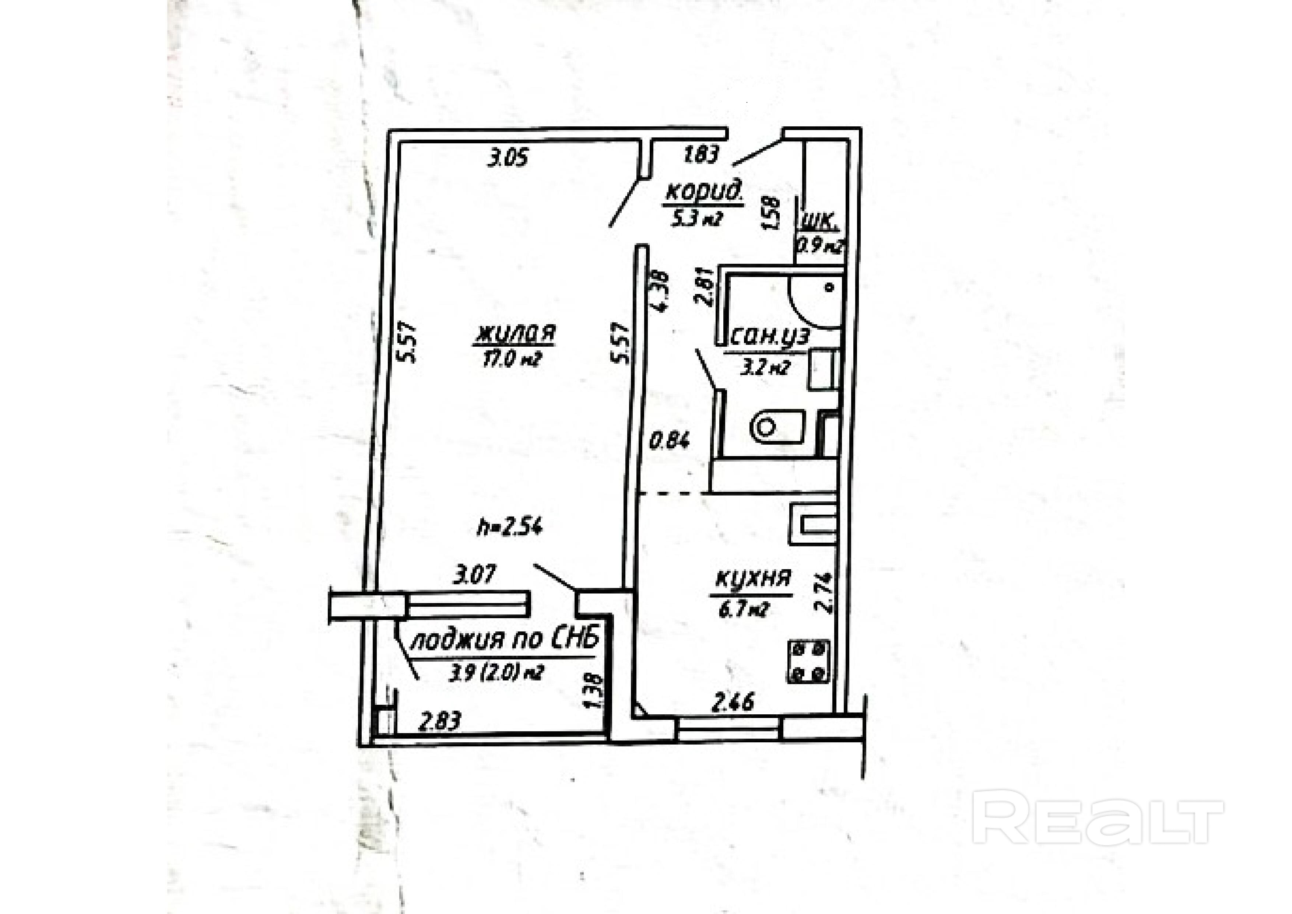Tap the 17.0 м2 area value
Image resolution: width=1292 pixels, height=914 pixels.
click(510, 359)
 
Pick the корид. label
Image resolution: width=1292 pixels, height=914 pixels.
click(705, 192)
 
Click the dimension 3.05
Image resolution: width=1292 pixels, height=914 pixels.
click(508, 158)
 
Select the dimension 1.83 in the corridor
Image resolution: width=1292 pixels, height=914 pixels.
click(701, 154)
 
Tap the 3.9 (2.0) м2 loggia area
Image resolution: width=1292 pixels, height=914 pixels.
click(496, 673)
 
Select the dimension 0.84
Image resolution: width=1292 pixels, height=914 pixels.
click(670, 441)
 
